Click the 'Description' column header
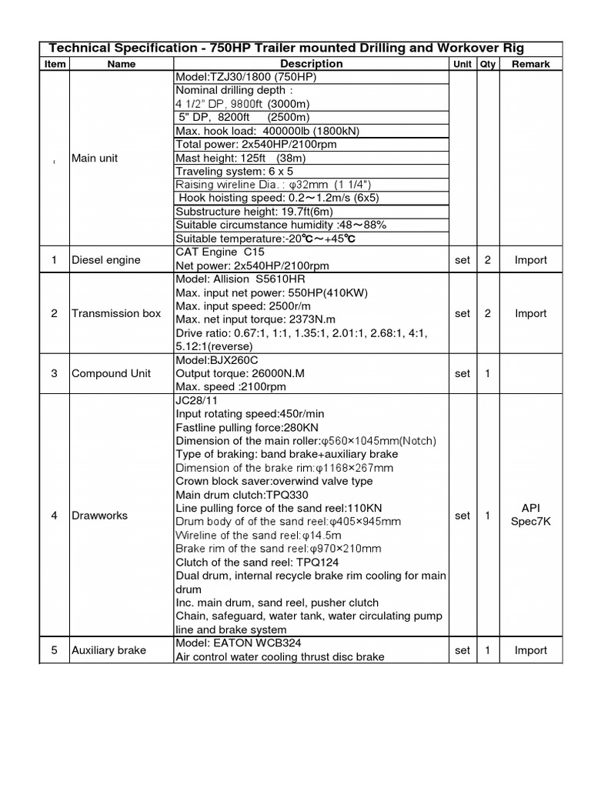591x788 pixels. [x=311, y=64]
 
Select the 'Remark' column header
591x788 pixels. [x=531, y=64]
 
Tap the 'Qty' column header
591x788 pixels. [x=487, y=64]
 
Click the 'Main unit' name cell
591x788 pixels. [x=95, y=158]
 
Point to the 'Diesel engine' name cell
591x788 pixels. [x=105, y=259]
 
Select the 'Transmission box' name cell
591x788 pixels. [x=116, y=313]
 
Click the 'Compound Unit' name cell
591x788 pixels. [x=111, y=373]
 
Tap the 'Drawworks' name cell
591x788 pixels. [x=98, y=516]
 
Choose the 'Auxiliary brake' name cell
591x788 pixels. [x=109, y=650]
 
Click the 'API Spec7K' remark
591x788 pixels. [x=531, y=516]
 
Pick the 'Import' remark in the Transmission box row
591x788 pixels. [x=531, y=313]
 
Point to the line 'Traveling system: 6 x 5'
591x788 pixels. [x=235, y=171]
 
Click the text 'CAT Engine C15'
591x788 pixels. [x=219, y=252]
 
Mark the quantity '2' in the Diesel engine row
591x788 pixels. [x=487, y=259]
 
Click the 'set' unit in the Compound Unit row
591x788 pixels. [x=462, y=373]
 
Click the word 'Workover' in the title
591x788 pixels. [x=441, y=48]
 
